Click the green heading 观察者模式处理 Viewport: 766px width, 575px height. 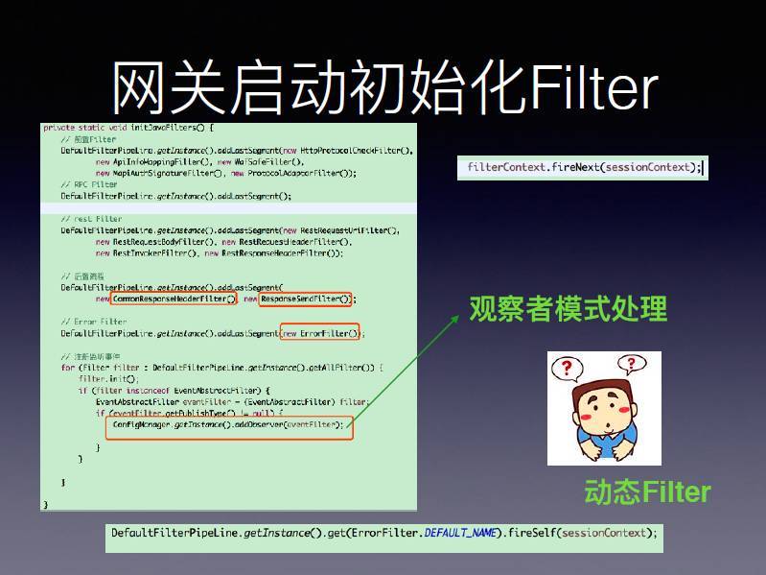(568, 309)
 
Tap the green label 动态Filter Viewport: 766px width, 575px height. (647, 492)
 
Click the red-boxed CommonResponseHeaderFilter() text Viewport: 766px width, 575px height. (173, 299)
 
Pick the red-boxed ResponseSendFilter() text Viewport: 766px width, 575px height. (306, 299)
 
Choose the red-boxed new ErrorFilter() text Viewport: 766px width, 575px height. (319, 333)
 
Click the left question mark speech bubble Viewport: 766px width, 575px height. (568, 368)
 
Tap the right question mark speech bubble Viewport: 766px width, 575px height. (630, 364)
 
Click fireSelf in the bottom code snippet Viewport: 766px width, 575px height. (533, 533)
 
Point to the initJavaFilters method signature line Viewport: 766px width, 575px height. (128, 128)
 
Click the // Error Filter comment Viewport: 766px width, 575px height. (93, 322)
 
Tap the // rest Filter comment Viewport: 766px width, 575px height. (91, 219)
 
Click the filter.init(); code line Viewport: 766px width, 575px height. (100, 379)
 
